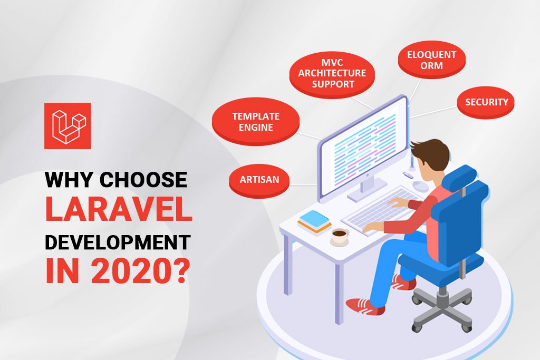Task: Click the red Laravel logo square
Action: [67, 126]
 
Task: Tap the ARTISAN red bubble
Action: [259, 180]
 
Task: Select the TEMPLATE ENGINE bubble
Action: [256, 122]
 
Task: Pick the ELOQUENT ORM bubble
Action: [431, 60]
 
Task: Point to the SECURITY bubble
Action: [486, 102]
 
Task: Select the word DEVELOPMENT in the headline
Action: [117, 242]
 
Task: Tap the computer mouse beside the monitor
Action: [420, 186]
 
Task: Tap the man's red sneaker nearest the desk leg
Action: [364, 305]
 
